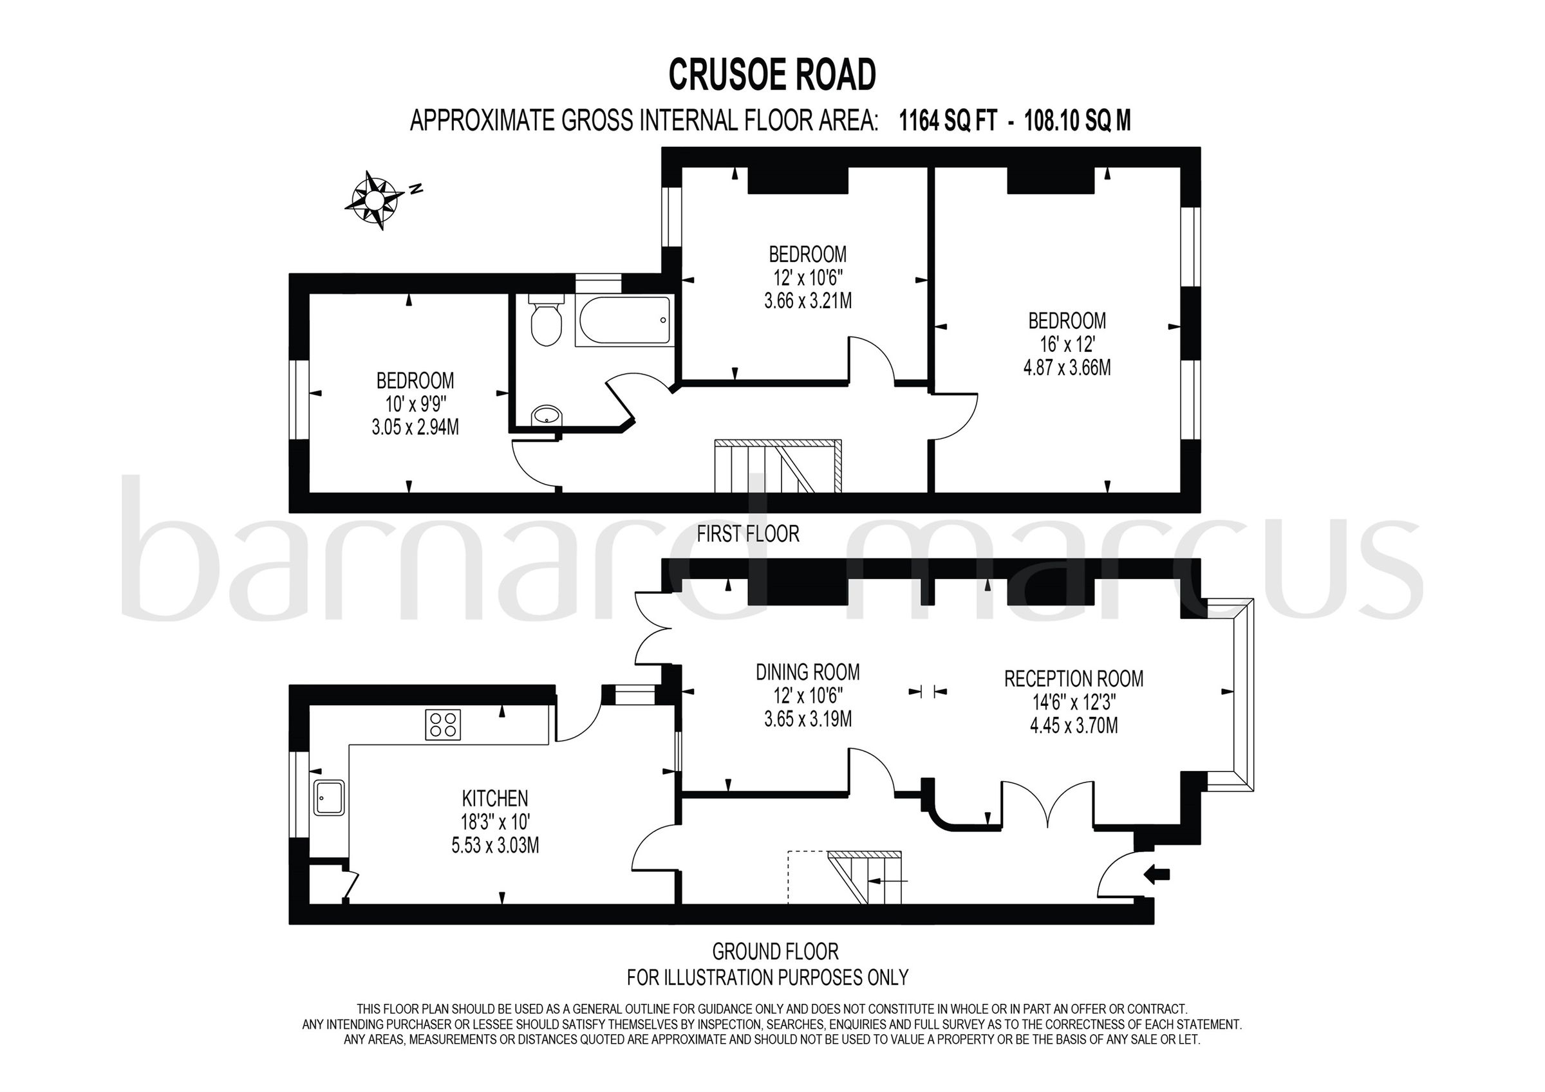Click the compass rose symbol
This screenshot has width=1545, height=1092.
pos(373,200)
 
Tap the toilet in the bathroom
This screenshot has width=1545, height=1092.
pos(546,323)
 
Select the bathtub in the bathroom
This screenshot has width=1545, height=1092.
pos(624,321)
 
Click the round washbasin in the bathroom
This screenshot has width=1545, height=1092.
pos(547,416)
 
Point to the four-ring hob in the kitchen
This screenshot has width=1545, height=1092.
pos(444,725)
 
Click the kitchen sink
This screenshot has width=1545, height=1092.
pos(329,798)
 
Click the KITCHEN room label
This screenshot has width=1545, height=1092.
pos(494,799)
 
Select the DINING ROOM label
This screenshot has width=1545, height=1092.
pos(807,672)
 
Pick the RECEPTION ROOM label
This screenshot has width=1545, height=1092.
pos(1073,678)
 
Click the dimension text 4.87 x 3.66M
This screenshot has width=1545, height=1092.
pos(1067,368)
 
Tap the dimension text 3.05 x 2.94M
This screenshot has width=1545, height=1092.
pos(415,427)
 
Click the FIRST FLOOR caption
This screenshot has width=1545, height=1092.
pos(747,534)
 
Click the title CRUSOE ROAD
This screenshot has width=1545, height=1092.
pos(772,74)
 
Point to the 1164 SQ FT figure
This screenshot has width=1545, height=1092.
pos(948,121)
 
